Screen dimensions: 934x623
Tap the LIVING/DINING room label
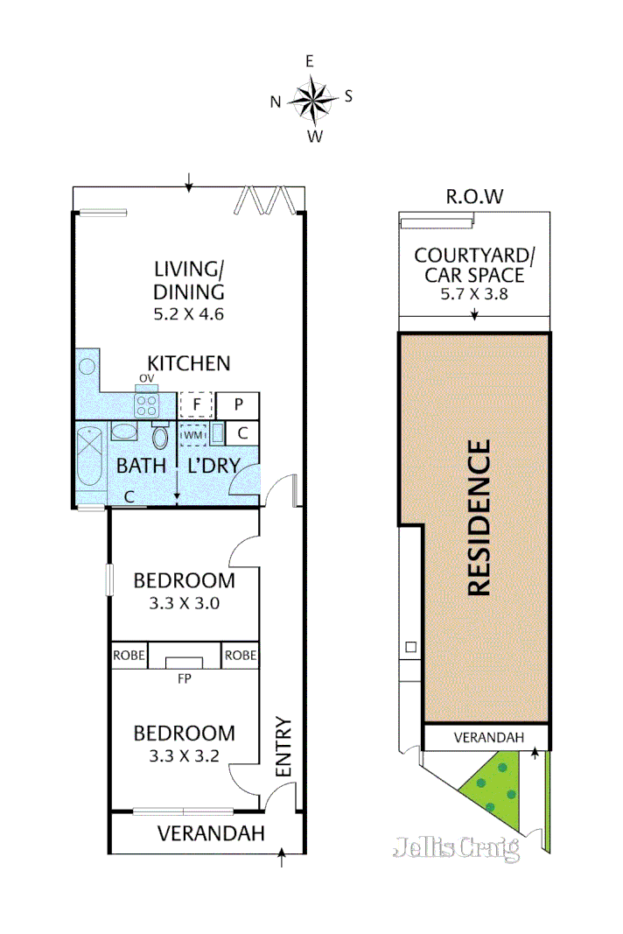click(189, 280)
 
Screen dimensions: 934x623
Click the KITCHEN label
click(188, 363)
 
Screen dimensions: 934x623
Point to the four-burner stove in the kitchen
click(146, 406)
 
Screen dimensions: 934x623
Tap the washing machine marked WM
click(192, 434)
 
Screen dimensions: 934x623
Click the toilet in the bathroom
click(160, 436)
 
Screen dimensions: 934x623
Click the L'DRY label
click(210, 466)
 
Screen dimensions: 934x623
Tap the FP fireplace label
click(184, 678)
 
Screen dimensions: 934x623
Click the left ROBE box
click(129, 656)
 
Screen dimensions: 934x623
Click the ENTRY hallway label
click(283, 748)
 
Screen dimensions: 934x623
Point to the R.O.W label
click(475, 196)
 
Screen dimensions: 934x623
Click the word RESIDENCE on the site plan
click(479, 519)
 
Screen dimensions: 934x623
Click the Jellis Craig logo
click(456, 848)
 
